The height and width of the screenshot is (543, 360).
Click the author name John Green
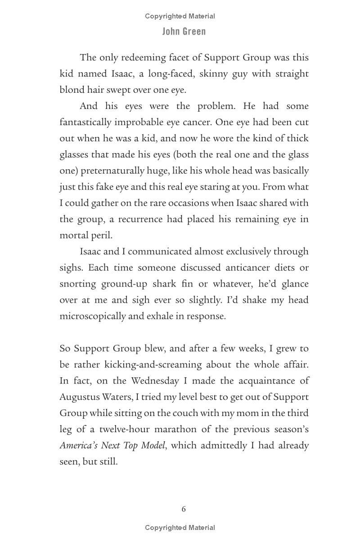coord(184,32)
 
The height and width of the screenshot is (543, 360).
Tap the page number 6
coord(184,509)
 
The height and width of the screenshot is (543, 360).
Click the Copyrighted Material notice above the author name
coord(180,16)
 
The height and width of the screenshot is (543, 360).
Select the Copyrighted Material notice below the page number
coord(180,528)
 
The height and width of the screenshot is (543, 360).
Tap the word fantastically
coord(85,122)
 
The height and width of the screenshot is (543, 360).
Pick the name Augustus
coord(80,397)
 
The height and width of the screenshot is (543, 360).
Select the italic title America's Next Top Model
coord(112,446)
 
